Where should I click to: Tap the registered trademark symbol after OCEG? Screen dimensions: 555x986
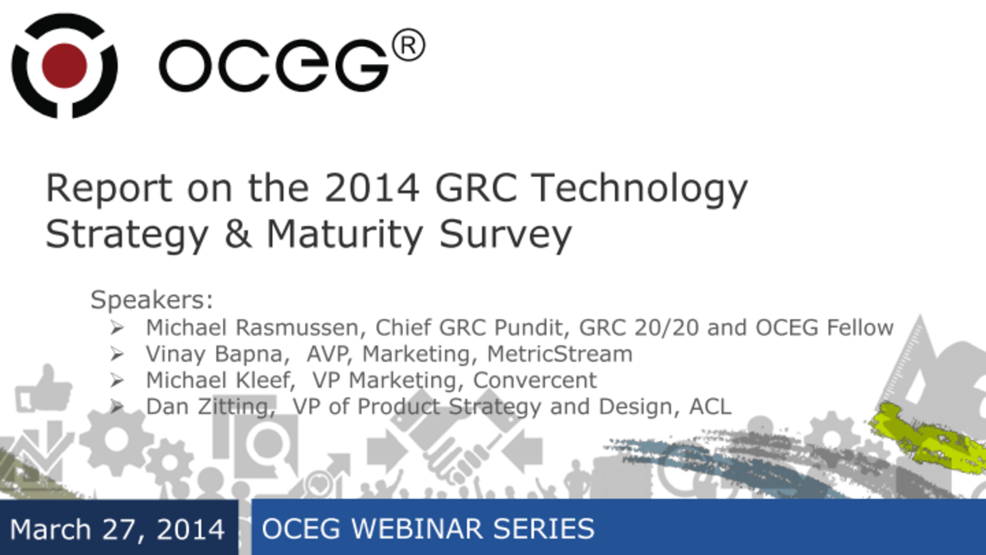[x=407, y=47]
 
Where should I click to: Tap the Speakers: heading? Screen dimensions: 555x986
[x=151, y=300]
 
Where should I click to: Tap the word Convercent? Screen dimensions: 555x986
[x=535, y=380]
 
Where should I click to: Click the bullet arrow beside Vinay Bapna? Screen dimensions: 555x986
[x=117, y=355]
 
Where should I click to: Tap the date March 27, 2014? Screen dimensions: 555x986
[x=117, y=530]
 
